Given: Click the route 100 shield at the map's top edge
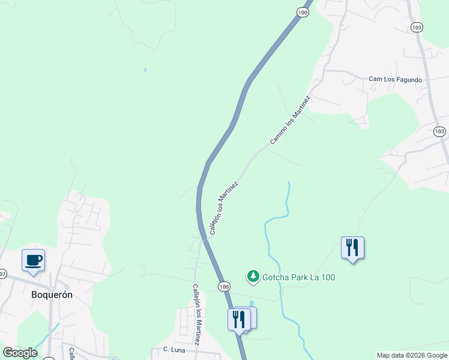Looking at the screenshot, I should pyautogui.click(x=304, y=11).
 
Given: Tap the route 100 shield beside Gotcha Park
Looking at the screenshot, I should pyautogui.click(x=224, y=287).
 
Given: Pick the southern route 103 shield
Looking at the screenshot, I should pyautogui.click(x=439, y=131).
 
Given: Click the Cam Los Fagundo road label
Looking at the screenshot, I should pyautogui.click(x=395, y=79).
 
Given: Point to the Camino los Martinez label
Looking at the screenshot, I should pyautogui.click(x=290, y=120).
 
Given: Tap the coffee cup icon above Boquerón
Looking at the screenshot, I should pyautogui.click(x=34, y=260).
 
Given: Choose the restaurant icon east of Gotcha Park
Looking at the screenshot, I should pyautogui.click(x=352, y=247).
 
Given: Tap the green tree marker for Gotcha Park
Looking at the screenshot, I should pyautogui.click(x=253, y=277).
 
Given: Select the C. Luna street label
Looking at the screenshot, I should pyautogui.click(x=173, y=349).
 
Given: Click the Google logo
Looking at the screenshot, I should pyautogui.click(x=20, y=353).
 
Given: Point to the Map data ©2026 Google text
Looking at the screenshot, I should pyautogui.click(x=412, y=355).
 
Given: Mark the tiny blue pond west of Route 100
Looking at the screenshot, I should pyautogui.click(x=145, y=70).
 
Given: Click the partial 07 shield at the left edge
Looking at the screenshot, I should pyautogui.click(x=2, y=274).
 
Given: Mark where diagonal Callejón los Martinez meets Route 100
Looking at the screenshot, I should pyautogui.click(x=205, y=238).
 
